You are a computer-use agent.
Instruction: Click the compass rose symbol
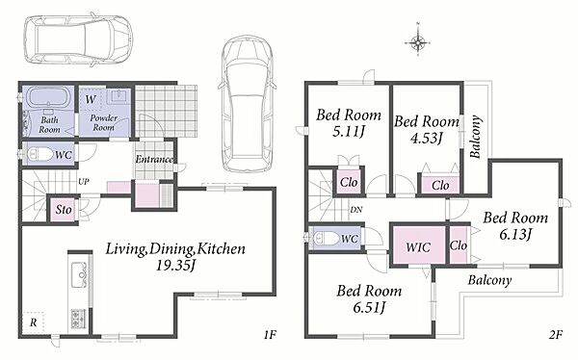click(418, 42)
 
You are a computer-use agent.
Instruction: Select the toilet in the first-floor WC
click(38, 154)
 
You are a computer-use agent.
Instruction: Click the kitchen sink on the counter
click(79, 275)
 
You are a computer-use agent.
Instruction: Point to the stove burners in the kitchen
click(78, 320)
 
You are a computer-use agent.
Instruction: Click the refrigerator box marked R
click(33, 322)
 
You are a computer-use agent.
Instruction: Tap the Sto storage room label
click(64, 210)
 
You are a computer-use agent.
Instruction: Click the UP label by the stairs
click(84, 182)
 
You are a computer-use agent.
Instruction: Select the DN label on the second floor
click(356, 210)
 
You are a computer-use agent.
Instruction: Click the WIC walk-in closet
click(418, 245)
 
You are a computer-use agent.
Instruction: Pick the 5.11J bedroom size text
click(349, 131)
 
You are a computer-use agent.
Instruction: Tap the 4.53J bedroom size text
click(426, 138)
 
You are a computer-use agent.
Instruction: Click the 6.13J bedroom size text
click(515, 234)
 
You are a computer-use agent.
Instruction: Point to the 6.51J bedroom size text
click(369, 306)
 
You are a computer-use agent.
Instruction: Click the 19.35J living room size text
click(174, 265)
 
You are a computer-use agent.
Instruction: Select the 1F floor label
click(270, 335)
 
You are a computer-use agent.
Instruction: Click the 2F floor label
click(556, 335)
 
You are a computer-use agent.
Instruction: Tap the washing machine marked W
click(91, 99)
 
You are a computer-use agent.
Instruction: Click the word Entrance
click(154, 159)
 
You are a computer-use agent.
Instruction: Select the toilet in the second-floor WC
click(326, 238)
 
